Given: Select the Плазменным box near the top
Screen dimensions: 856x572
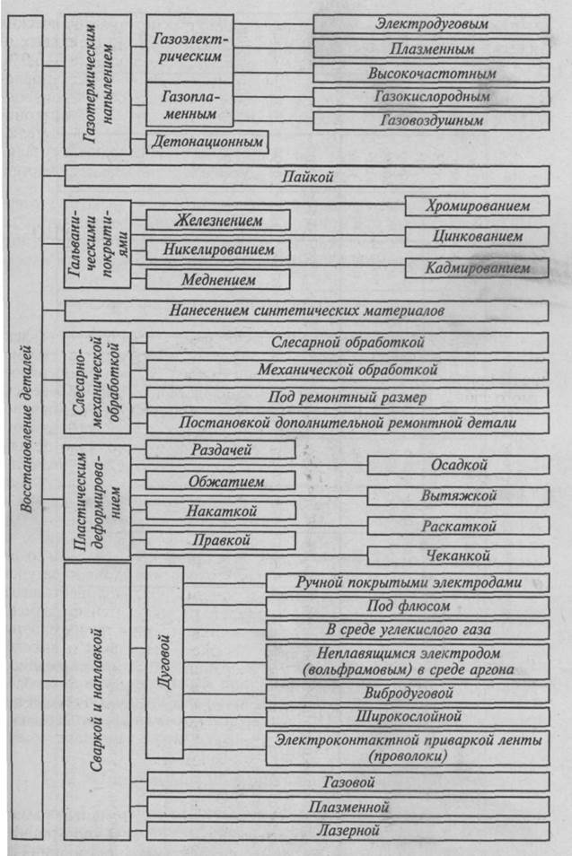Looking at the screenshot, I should click(x=431, y=48).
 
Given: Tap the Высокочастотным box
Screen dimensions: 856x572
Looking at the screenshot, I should click(x=431, y=72).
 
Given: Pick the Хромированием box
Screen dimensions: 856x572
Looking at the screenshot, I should click(x=476, y=205).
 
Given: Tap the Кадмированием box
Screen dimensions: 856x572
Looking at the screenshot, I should click(x=476, y=267).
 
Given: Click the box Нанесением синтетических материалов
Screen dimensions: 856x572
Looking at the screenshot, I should click(x=305, y=310).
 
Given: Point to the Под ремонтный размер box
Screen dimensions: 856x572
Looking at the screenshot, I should click(x=347, y=397).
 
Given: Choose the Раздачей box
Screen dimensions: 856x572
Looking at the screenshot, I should click(x=220, y=449).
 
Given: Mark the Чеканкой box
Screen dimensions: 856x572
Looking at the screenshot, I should click(x=458, y=555).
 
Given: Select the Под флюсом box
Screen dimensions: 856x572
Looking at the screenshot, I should click(x=407, y=606).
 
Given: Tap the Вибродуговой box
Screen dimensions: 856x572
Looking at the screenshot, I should click(x=407, y=694).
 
